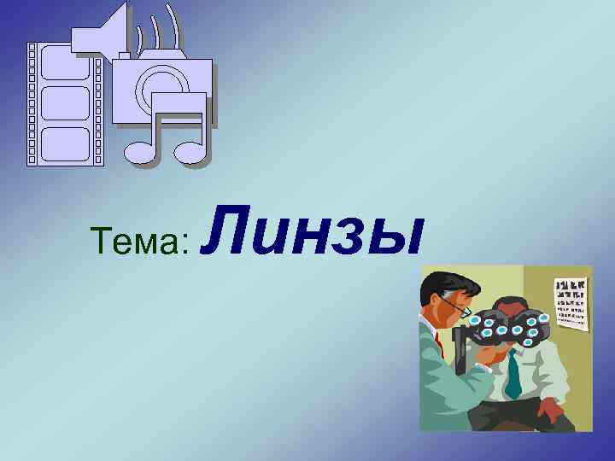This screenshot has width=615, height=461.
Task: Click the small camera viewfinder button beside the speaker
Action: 125,55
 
